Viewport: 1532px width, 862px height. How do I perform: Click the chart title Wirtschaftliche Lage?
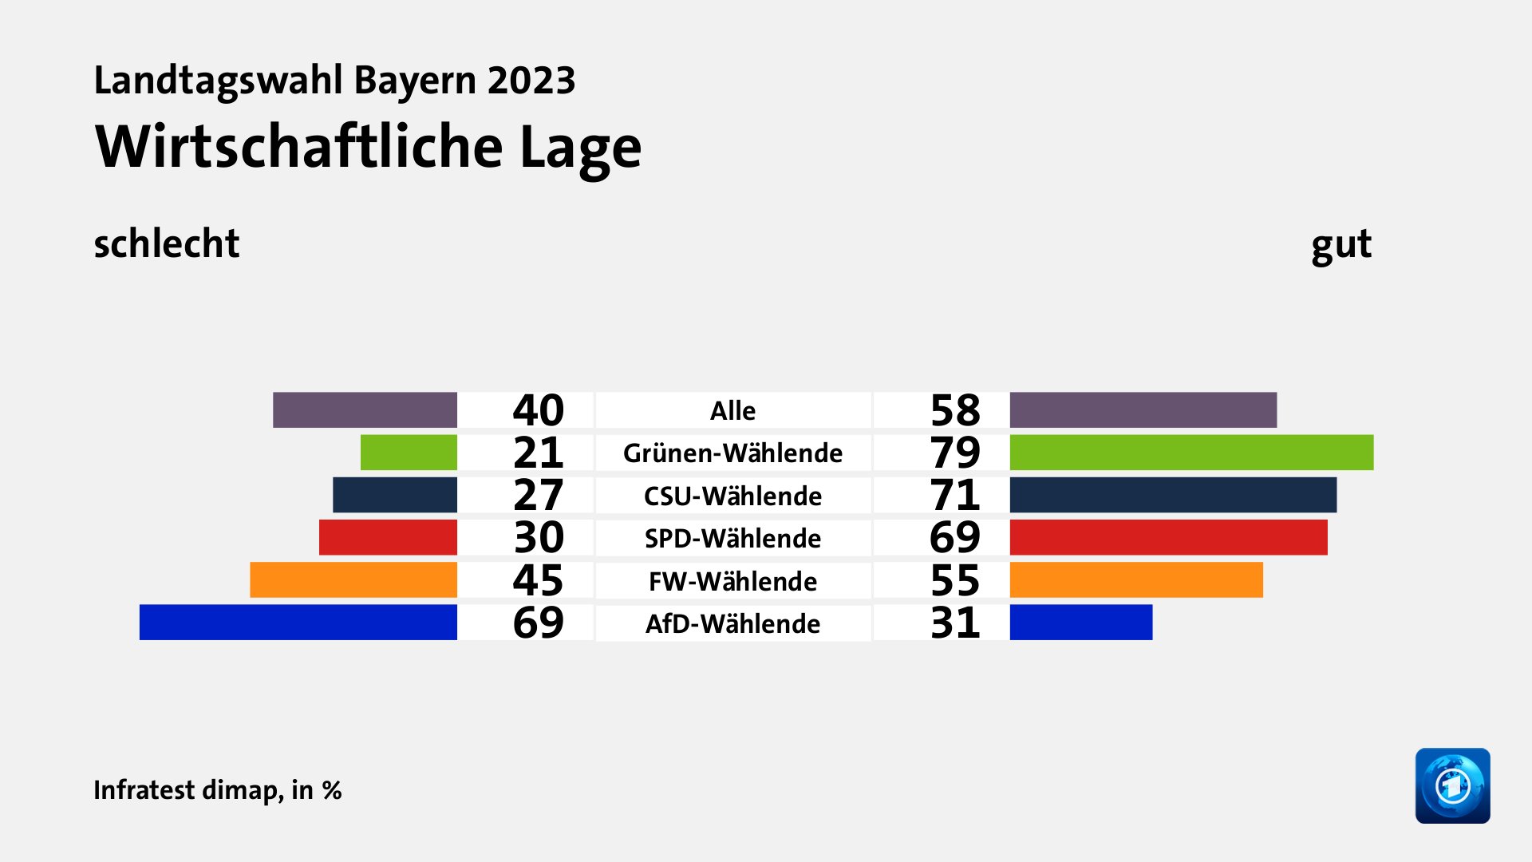point(368,148)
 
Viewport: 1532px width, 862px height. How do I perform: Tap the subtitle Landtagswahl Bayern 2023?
point(334,81)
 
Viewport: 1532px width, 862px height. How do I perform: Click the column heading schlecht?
point(166,243)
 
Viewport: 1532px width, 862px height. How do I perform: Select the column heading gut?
point(1340,244)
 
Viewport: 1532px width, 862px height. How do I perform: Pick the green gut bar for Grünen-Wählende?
point(1191,453)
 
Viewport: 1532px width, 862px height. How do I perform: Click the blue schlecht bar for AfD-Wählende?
point(298,623)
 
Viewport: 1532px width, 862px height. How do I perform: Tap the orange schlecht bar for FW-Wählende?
point(353,580)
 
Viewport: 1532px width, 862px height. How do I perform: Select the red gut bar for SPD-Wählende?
point(1168,537)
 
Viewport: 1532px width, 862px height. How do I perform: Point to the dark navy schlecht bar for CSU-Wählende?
point(394,495)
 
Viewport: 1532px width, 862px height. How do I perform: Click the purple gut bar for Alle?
point(1143,410)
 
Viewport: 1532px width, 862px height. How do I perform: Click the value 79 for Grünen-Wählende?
point(955,453)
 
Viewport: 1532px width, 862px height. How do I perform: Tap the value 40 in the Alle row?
point(538,410)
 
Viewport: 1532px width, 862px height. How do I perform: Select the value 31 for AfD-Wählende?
point(955,623)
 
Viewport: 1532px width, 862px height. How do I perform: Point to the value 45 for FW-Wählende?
point(538,580)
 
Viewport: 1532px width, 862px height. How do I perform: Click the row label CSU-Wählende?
point(732,496)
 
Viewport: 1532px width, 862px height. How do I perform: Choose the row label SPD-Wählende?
point(732,538)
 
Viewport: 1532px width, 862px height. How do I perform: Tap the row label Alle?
point(732,410)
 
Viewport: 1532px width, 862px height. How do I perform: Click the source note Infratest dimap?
point(217,790)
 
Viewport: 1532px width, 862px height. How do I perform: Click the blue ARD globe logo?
point(1452,785)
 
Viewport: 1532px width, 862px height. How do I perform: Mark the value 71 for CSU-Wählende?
point(955,495)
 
